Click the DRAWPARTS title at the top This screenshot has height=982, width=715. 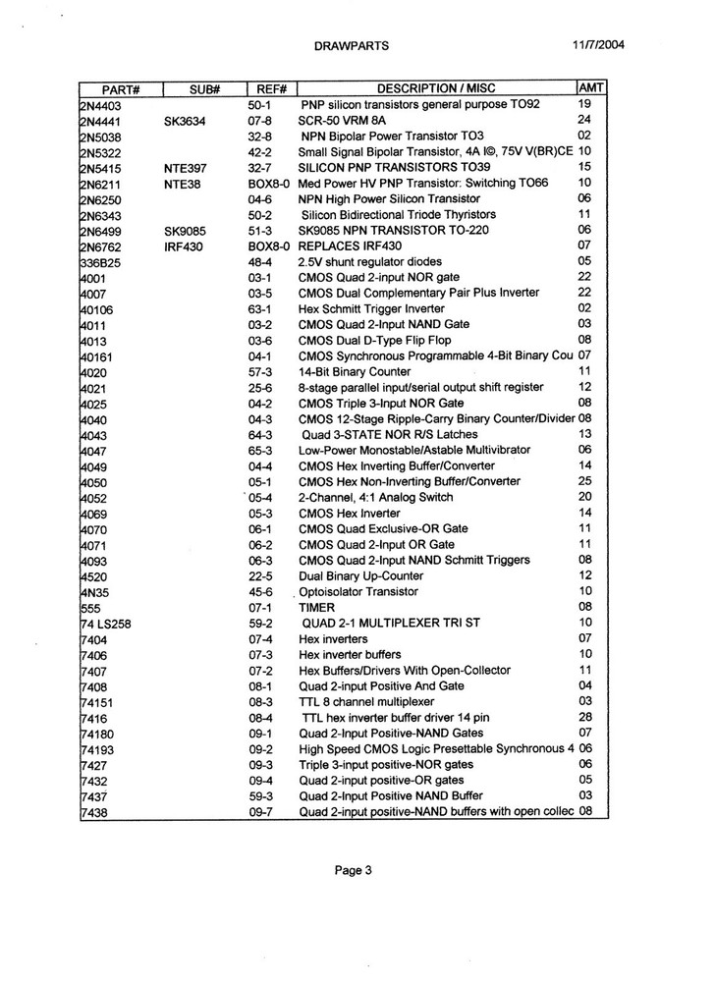(352, 45)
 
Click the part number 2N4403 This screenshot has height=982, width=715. (101, 104)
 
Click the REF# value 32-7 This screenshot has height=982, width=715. (259, 167)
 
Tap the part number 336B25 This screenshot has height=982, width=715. (101, 262)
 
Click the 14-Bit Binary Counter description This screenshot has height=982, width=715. (355, 371)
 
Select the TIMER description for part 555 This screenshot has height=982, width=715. (316, 608)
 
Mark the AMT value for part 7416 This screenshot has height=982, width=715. (584, 717)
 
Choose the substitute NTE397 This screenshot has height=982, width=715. (185, 167)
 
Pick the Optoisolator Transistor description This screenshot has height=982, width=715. (363, 592)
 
